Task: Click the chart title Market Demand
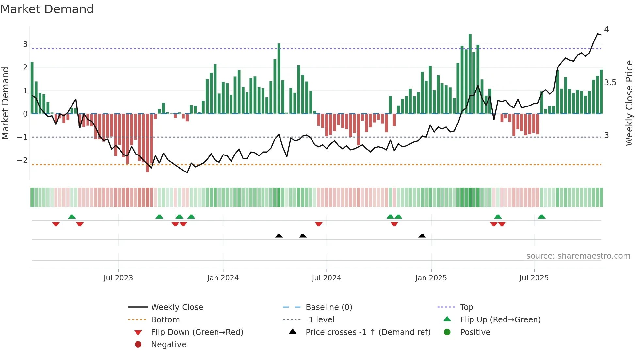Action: tap(47, 9)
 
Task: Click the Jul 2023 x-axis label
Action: tap(118, 278)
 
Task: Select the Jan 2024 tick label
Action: tap(223, 278)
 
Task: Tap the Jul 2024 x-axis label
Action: tap(327, 278)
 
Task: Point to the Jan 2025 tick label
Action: tap(431, 278)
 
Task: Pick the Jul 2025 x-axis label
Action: tap(534, 278)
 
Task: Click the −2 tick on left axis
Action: tap(22, 160)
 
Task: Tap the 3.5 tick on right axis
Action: tap(610, 83)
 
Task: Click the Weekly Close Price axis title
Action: tap(629, 103)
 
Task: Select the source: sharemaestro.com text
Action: tap(578, 256)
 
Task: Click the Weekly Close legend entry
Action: tap(177, 307)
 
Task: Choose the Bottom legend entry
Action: tap(165, 320)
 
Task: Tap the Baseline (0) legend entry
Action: tap(329, 307)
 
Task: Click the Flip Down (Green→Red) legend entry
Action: tap(197, 332)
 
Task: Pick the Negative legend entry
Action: tap(168, 345)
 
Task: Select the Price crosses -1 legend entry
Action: tap(368, 332)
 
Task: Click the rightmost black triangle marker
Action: tap(422, 236)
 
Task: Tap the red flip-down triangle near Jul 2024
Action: tap(319, 224)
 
